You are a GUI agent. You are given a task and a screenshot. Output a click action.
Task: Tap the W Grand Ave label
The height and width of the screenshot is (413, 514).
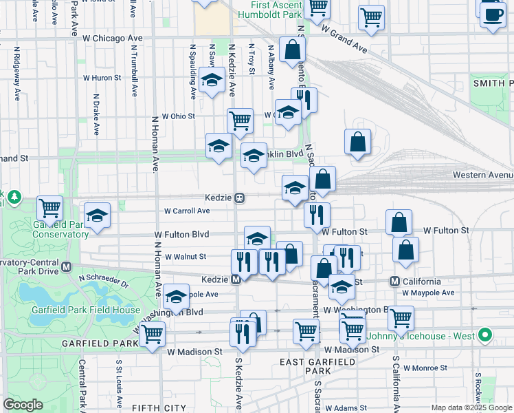click(x=344, y=41)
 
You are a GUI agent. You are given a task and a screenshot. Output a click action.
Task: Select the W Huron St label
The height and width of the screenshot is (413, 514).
click(x=102, y=78)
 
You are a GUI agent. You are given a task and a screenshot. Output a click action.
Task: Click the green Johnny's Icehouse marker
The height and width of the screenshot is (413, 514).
click(x=486, y=336)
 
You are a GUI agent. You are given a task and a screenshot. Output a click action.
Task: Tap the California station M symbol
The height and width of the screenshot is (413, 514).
click(x=395, y=281)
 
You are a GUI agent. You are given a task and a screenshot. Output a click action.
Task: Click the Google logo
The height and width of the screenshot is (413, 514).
click(x=23, y=405)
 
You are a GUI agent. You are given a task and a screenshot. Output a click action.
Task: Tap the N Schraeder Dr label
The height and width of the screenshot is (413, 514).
click(x=103, y=282)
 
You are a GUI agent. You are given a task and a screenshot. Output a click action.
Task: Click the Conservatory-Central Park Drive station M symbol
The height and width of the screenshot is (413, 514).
click(x=67, y=266)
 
